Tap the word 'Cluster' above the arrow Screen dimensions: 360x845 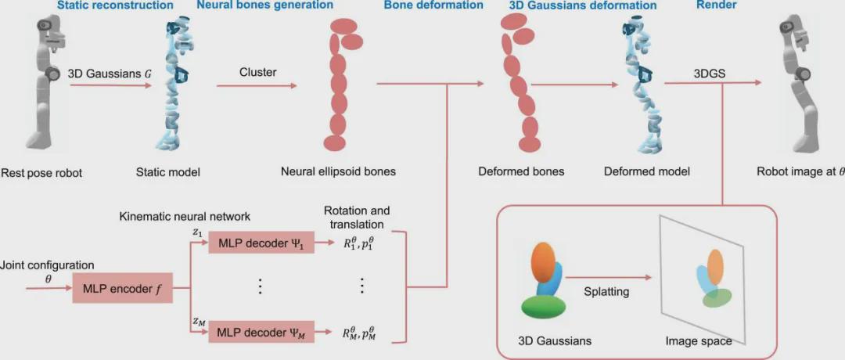coord(257,73)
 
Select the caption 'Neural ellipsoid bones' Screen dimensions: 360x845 coord(339,172)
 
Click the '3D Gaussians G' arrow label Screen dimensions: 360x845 coord(110,73)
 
